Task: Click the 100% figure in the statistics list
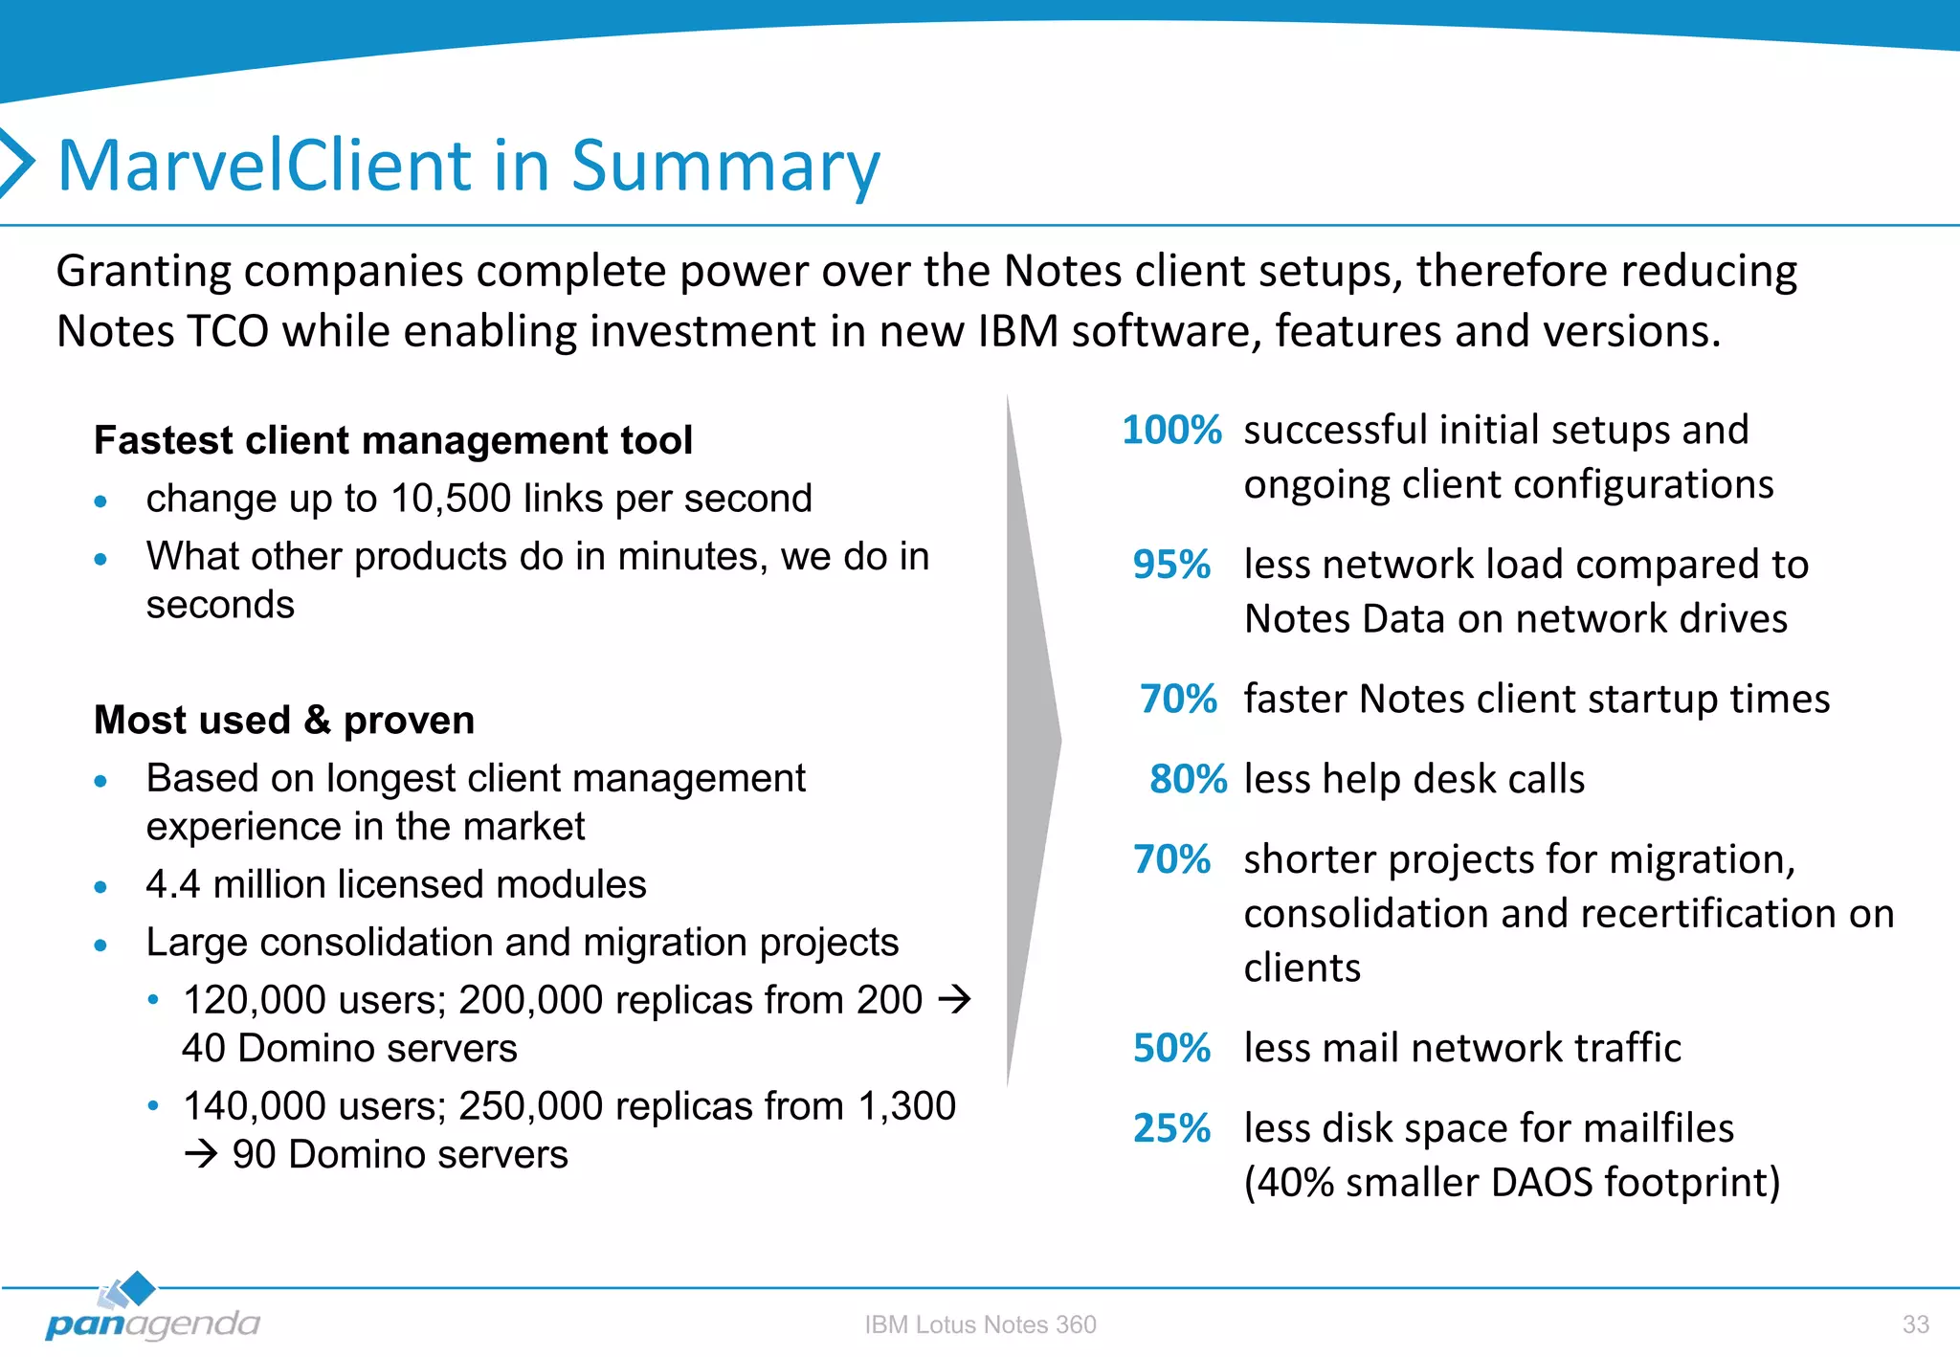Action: (1171, 431)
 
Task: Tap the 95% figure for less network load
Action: (1171, 566)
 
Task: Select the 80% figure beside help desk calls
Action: (1188, 780)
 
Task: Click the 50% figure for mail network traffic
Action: (1171, 1049)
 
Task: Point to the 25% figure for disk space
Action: (1171, 1129)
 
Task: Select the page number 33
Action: (1915, 1324)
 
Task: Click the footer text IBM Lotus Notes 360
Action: (980, 1324)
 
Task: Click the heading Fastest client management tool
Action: (392, 440)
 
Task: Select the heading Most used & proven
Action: (284, 720)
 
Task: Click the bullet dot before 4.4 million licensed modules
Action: (100, 887)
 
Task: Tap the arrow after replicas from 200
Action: (954, 1000)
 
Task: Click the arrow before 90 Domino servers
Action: (201, 1155)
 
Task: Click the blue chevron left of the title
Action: (16, 163)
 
